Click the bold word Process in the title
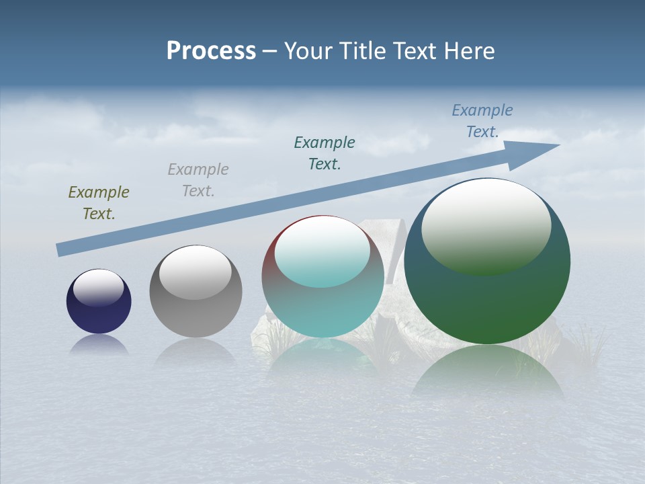tap(211, 51)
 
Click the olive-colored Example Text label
tap(99, 203)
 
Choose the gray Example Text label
tap(198, 180)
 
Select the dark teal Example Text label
tap(325, 153)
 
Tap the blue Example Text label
tap(482, 121)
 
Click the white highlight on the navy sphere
tap(99, 287)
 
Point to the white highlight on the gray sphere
tap(196, 272)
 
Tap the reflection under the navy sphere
tap(99, 344)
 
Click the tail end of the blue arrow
tap(60, 250)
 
